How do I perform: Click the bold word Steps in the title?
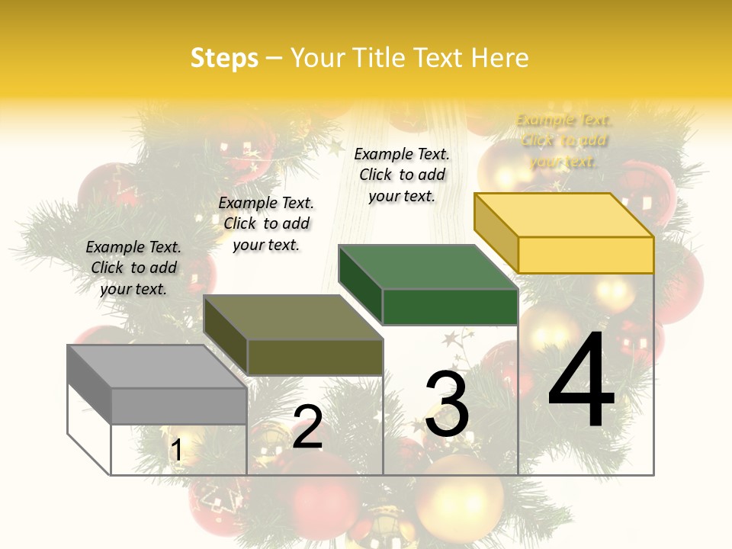coord(224,58)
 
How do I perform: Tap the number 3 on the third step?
coord(447,404)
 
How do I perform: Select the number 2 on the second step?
coord(307,427)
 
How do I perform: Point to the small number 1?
coord(177,451)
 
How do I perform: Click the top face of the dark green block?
coord(427,267)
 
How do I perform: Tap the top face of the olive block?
coord(293,317)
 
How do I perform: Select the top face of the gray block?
coord(157,366)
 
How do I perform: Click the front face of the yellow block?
coord(586,255)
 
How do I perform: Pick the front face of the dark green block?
coord(450,307)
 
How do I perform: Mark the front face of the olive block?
coord(315,357)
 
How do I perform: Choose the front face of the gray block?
coord(179,406)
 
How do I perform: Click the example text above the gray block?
coord(133,268)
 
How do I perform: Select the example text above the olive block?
coord(266,223)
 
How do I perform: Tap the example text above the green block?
coord(402,175)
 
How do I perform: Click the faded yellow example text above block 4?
coord(563,140)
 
